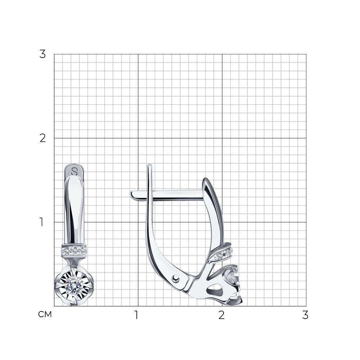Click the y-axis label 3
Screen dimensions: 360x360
42,54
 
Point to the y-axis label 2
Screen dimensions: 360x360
42,138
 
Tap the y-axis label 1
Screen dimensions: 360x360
41,222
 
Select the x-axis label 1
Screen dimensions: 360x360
136,315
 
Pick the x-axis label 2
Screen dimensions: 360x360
221,315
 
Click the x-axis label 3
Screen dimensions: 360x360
305,315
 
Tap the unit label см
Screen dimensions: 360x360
45,314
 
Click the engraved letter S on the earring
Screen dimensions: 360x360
74,171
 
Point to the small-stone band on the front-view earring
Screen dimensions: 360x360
74,251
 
